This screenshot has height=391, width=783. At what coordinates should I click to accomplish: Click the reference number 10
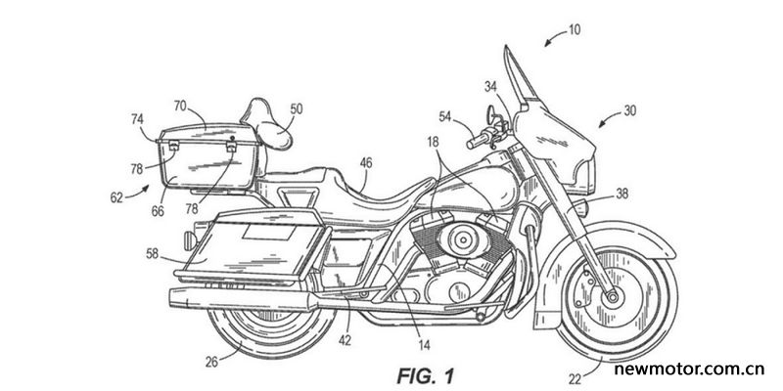click(574, 30)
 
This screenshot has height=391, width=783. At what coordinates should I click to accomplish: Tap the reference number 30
click(629, 110)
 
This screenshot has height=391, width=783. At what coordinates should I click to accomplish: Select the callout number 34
click(491, 87)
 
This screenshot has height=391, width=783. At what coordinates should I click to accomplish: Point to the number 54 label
click(446, 116)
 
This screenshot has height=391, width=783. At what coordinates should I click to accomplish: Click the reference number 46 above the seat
click(365, 162)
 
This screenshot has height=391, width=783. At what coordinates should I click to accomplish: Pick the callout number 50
click(297, 109)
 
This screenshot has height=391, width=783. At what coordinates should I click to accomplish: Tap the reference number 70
click(181, 106)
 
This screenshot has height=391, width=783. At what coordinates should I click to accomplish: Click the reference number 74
click(137, 119)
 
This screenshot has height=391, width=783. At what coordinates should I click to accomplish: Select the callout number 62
click(116, 197)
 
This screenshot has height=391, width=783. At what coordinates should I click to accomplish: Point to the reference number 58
click(152, 254)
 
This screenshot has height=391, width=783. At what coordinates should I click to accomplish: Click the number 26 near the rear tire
click(211, 363)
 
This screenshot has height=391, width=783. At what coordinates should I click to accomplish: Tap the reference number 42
click(345, 340)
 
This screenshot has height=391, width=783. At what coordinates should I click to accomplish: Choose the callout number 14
click(424, 344)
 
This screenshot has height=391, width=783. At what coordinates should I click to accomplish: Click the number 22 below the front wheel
click(575, 379)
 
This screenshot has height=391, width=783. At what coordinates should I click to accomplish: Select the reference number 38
click(622, 194)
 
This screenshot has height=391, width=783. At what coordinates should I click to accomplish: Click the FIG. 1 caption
click(426, 376)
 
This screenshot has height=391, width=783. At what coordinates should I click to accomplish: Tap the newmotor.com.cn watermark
click(689, 369)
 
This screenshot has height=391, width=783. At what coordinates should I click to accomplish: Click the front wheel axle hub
click(611, 298)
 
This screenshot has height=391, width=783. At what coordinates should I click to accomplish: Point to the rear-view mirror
click(490, 114)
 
